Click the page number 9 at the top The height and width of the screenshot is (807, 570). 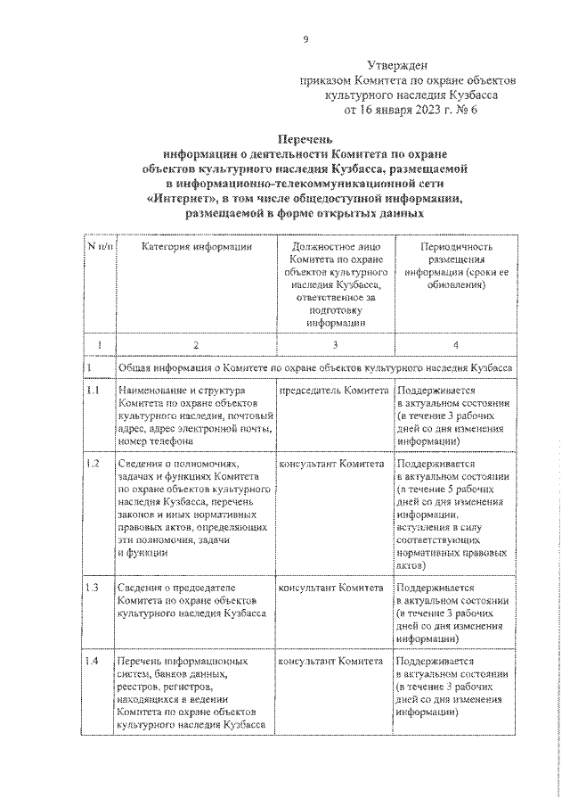coord(305,38)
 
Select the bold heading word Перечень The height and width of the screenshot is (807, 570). coord(306,139)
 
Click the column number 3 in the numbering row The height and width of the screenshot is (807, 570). coord(334,344)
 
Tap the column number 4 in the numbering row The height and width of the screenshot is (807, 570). coord(455,344)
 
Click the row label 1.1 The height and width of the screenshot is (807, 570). coord(93,391)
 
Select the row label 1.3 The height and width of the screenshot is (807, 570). coord(93,589)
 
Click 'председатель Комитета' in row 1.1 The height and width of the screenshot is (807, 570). coord(334,391)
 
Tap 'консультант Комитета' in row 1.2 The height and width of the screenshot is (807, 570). coord(332,465)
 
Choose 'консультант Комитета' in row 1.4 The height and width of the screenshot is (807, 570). coord(332,663)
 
